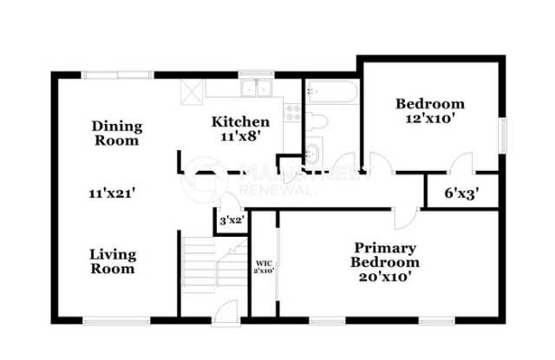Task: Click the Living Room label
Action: (114, 261)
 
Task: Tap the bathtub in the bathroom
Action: (330, 91)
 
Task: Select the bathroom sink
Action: (313, 152)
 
